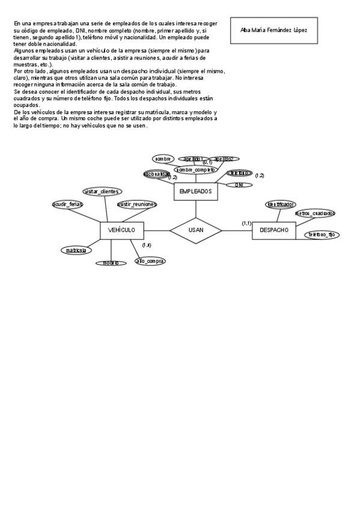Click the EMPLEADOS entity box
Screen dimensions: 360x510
click(196, 191)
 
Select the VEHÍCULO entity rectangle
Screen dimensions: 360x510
click(126, 230)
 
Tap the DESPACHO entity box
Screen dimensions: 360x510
click(273, 230)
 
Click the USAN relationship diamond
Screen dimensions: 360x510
click(196, 230)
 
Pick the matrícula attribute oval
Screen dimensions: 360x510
click(76, 250)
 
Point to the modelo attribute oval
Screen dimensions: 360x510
click(111, 263)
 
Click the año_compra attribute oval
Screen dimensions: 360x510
click(150, 261)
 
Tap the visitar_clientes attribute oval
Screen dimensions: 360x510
click(102, 191)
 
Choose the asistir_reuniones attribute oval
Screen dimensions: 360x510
click(136, 204)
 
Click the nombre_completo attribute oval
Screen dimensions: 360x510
click(196, 170)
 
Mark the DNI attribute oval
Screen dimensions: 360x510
click(239, 185)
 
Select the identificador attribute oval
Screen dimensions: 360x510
click(280, 204)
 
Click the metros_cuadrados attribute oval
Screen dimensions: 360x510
click(316, 213)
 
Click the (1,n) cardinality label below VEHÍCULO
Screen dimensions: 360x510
click(147, 245)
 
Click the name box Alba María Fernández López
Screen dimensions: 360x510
click(273, 29)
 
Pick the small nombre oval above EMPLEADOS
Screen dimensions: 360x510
click(163, 159)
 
